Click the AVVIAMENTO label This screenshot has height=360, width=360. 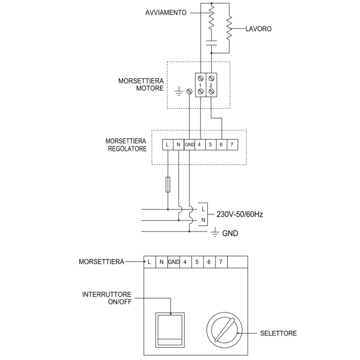166,13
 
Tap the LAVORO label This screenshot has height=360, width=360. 258,28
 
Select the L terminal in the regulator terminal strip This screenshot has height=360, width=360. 167,144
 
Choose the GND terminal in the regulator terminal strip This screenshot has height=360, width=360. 189,144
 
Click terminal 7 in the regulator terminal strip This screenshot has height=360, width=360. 232,144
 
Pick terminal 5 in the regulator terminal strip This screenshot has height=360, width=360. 211,144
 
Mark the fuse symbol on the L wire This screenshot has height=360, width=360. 168,185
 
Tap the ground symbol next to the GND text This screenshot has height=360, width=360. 215,233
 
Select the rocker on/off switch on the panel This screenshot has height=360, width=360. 171,329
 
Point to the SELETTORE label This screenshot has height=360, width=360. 279,333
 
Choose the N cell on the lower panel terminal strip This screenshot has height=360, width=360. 161,261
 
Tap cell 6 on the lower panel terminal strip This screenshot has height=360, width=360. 209,261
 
